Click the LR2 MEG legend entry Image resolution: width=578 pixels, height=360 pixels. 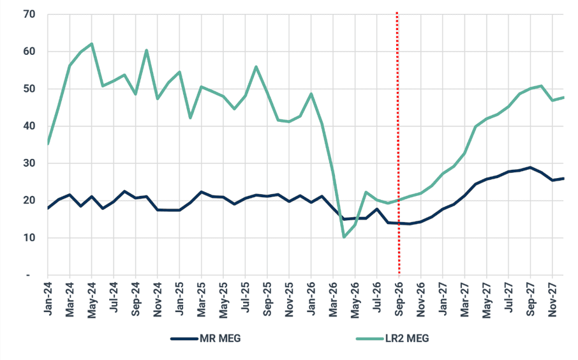click(x=392, y=338)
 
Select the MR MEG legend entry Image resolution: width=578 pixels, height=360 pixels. click(x=205, y=338)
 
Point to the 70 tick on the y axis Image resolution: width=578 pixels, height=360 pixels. click(x=29, y=15)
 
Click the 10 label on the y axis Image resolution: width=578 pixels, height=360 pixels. click(x=29, y=238)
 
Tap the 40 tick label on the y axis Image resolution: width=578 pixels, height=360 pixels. click(x=29, y=126)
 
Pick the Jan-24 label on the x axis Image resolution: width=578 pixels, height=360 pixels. click(x=48, y=298)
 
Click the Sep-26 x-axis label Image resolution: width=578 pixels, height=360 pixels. click(x=399, y=299)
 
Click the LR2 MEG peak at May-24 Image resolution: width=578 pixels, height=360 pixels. click(x=91, y=43)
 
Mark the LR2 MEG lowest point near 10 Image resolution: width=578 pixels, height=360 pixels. click(x=344, y=237)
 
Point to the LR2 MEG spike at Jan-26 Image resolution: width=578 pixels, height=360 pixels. click(x=311, y=94)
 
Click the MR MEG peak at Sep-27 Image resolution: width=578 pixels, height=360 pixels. click(x=530, y=167)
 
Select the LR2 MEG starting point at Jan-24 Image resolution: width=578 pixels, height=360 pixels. click(x=48, y=144)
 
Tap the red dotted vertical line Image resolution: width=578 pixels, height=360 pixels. click(x=397, y=144)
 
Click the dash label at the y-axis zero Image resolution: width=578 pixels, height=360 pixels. click(x=28, y=275)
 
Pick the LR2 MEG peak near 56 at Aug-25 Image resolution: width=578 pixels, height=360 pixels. click(x=256, y=67)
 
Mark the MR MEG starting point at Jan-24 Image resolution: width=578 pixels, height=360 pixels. click(x=48, y=208)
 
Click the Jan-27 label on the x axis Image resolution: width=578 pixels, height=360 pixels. click(x=443, y=298)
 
